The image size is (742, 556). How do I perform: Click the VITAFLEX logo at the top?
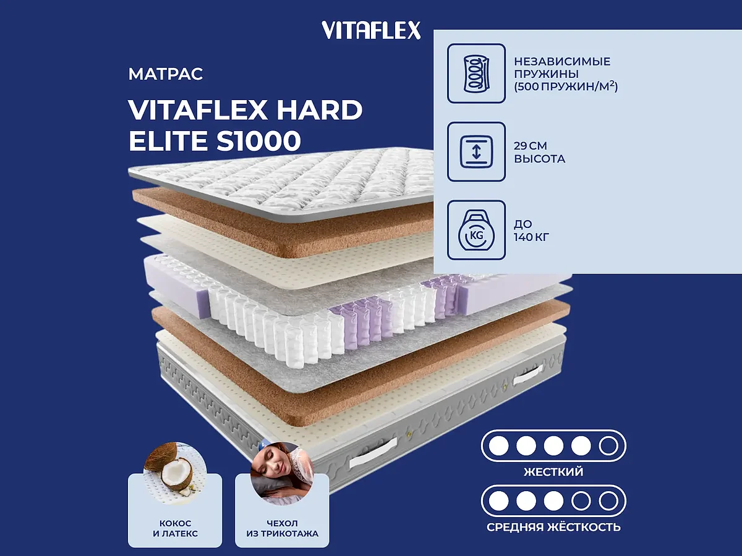(x=371, y=30)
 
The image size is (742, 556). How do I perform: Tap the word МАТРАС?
(x=166, y=75)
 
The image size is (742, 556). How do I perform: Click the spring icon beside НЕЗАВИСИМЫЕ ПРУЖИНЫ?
(x=476, y=73)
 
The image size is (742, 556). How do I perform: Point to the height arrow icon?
(x=476, y=152)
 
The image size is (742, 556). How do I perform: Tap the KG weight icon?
(x=476, y=230)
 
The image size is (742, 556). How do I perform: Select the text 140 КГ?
(x=532, y=236)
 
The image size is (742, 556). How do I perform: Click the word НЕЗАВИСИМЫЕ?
(x=562, y=61)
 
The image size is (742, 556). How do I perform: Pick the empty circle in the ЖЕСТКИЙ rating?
(x=608, y=445)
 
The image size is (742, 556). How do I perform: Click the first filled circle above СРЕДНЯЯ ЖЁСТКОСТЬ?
(x=498, y=500)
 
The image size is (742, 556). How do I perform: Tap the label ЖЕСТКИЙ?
(x=553, y=473)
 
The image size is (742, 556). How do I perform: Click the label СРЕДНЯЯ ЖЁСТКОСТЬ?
(x=553, y=528)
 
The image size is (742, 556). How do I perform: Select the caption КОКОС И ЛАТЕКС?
(x=175, y=528)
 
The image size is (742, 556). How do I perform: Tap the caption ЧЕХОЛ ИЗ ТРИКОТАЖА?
(x=281, y=528)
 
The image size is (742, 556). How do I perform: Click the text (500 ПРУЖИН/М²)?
(x=566, y=86)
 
